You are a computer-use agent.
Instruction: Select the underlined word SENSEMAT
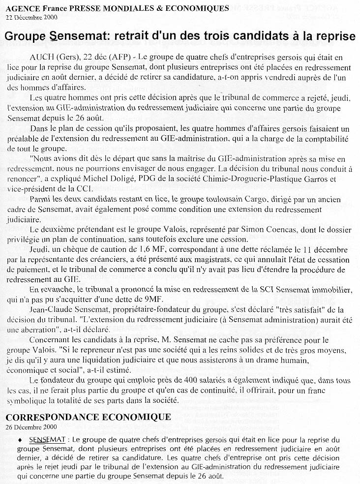pos(47,438)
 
